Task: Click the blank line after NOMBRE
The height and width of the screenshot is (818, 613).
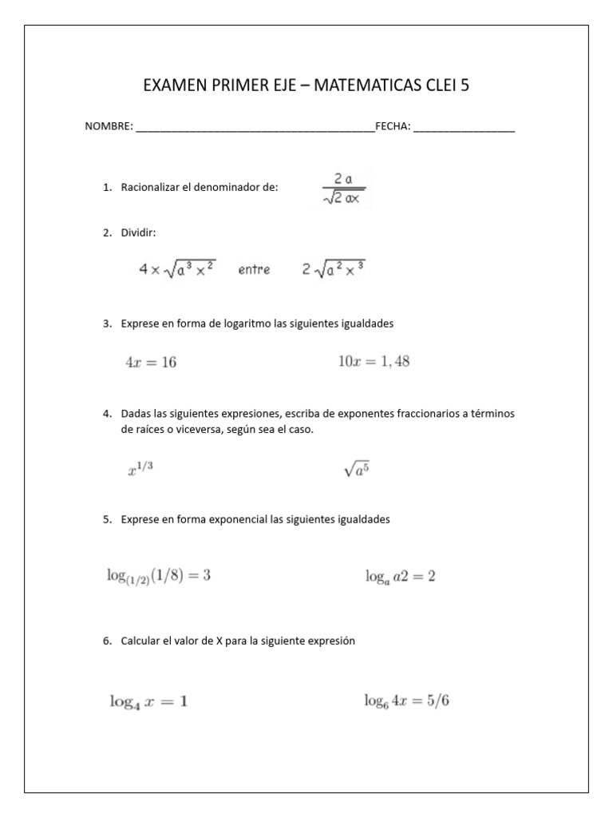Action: (255, 128)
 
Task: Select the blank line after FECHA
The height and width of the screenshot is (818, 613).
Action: (464, 128)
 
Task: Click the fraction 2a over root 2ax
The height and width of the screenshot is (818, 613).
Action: (340, 189)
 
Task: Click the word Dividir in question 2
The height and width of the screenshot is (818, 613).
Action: (139, 232)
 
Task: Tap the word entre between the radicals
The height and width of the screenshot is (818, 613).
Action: (254, 270)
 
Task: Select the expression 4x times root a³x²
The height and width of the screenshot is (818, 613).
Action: (176, 269)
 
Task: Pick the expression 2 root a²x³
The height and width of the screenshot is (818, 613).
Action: (334, 269)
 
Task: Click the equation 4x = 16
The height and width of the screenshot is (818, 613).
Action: (151, 362)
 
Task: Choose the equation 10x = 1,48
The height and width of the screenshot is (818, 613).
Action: (374, 361)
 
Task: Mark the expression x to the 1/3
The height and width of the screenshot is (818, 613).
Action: (140, 469)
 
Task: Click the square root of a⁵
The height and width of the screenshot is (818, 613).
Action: (356, 469)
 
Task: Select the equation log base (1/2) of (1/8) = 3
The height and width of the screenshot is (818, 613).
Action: (159, 576)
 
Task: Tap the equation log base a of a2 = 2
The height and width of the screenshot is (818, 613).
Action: (400, 576)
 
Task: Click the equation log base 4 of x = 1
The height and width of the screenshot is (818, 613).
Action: (148, 702)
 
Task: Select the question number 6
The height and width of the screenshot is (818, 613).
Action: (107, 641)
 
